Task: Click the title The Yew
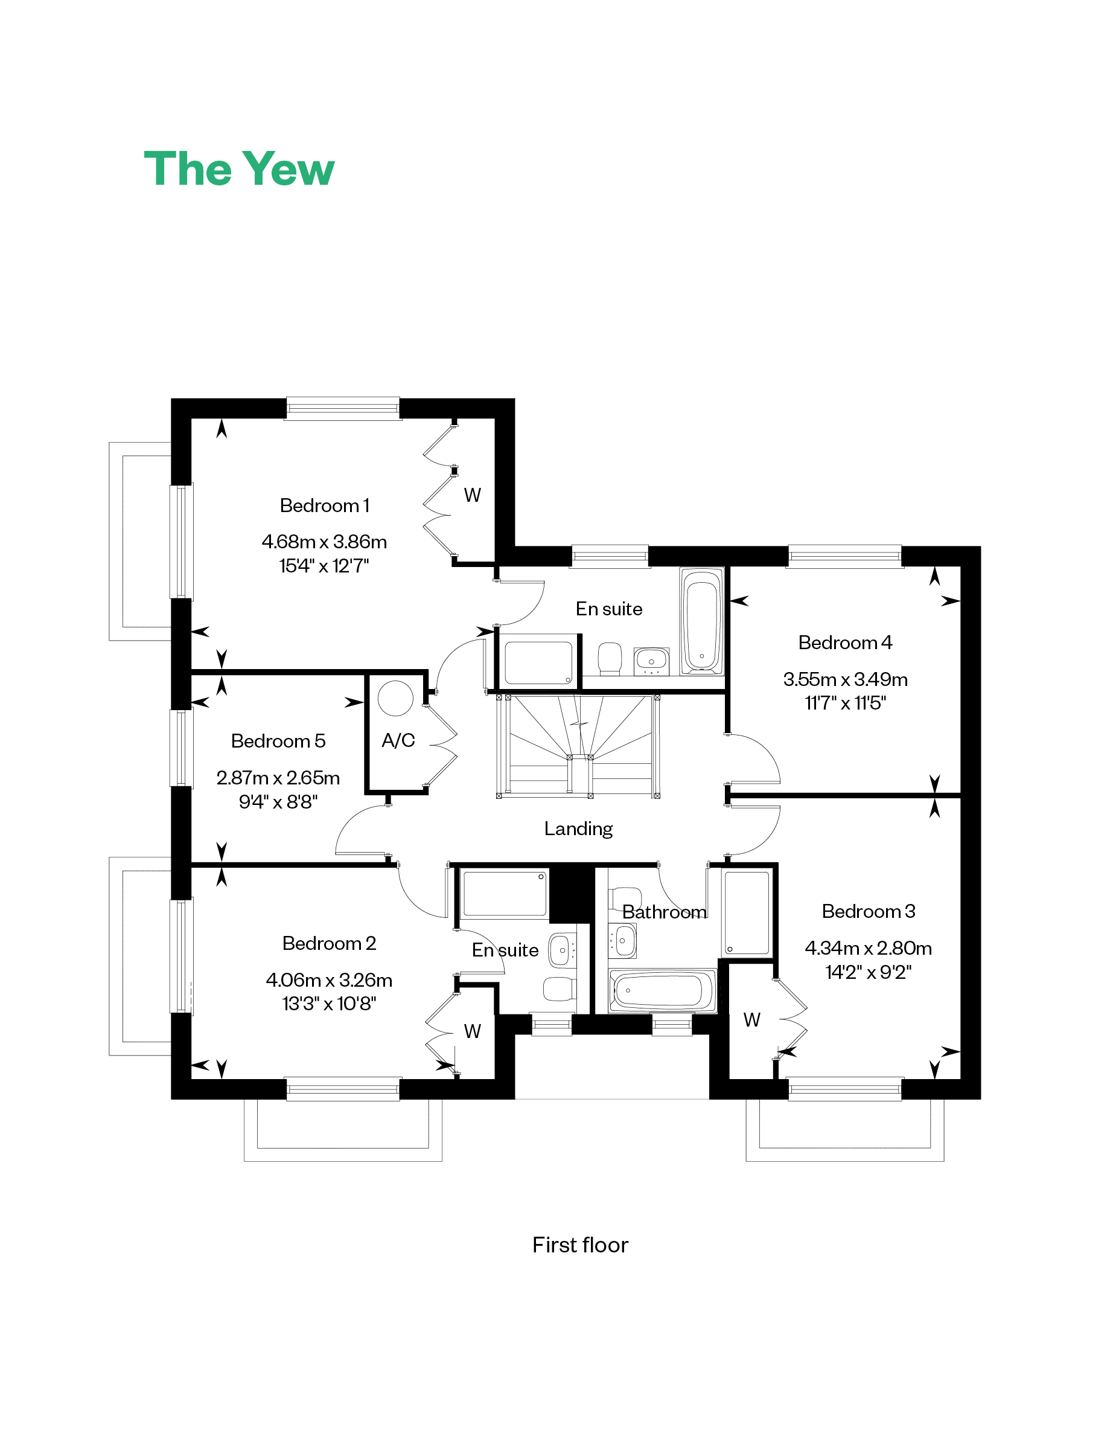click(239, 169)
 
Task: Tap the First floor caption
click(580, 1245)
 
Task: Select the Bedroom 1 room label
click(324, 506)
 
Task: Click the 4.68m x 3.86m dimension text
click(324, 542)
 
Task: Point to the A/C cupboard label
click(398, 740)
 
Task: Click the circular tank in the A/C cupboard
click(395, 698)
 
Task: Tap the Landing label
click(578, 828)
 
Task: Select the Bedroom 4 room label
click(845, 642)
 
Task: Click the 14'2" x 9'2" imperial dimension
click(868, 971)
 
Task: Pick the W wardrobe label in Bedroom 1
click(473, 495)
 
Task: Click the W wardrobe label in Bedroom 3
click(752, 1019)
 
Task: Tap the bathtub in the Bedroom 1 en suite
click(702, 621)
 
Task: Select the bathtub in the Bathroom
click(662, 990)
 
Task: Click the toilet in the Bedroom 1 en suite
click(610, 659)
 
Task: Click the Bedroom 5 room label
click(278, 741)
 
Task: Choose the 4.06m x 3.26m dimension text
click(329, 980)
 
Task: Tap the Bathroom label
click(664, 912)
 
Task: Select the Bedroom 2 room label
click(329, 943)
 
